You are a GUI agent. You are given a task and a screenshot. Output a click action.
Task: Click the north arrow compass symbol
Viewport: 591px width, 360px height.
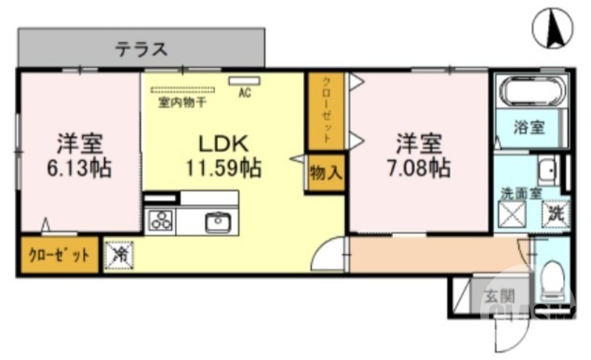pyautogui.click(x=553, y=29)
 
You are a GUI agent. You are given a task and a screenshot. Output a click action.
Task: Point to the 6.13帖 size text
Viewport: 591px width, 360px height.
pyautogui.click(x=80, y=168)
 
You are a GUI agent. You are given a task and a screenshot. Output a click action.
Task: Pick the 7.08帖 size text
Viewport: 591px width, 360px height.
pyautogui.click(x=418, y=168)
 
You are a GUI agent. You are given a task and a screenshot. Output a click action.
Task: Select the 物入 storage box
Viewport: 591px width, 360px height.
pyautogui.click(x=326, y=174)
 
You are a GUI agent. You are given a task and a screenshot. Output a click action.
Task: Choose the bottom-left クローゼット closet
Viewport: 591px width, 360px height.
pyautogui.click(x=58, y=256)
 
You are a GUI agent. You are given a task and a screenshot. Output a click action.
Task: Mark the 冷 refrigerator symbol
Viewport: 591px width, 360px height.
pyautogui.click(x=118, y=256)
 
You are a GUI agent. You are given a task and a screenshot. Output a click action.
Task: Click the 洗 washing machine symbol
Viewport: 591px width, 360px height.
pyautogui.click(x=556, y=215)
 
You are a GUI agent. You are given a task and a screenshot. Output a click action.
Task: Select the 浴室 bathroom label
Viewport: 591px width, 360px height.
pyautogui.click(x=529, y=126)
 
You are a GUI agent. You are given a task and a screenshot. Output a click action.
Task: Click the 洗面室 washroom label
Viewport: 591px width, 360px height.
pyautogui.click(x=522, y=194)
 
